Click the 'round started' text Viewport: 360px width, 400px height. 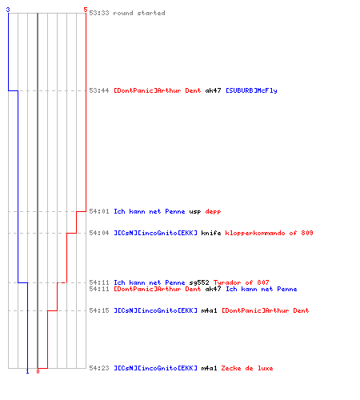click(139, 13)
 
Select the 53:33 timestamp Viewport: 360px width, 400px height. click(99, 13)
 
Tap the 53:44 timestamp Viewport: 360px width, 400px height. click(99, 90)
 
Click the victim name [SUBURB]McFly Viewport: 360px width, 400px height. click(251, 90)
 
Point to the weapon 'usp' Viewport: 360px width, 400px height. click(195, 212)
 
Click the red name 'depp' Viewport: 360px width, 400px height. click(213, 212)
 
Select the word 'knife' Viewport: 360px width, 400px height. click(211, 233)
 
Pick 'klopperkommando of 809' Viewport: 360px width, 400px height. click(269, 233)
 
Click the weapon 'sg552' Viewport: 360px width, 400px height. click(199, 282)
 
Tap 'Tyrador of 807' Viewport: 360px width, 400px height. click(241, 282)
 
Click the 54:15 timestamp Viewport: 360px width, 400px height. click(99, 310)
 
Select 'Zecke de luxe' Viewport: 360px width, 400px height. click(247, 368)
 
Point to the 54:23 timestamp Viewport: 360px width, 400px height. click(99, 368)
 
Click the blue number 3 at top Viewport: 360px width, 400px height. click(8, 10)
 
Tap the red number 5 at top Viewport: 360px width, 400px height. click(86, 10)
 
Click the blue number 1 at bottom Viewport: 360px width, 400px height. click(27, 371)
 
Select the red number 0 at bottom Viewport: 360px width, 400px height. click(38, 371)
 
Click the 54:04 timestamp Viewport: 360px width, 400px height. click(99, 233)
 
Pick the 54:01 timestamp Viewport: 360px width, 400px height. click(99, 211)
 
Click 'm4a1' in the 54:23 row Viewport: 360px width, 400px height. click(209, 368)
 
